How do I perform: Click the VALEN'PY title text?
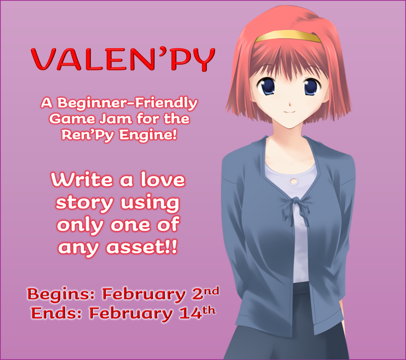coord(123,60)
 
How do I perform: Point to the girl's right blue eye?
coord(312,87)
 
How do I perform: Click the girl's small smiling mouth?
coord(290,112)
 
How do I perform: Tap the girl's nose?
coord(290,104)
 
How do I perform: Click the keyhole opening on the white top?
coord(294,181)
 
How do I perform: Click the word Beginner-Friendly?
coord(127,103)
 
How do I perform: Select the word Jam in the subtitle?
coord(116,119)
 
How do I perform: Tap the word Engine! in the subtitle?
coord(148,135)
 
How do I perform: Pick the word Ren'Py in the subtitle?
coord(88,135)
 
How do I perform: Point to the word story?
coord(84,203)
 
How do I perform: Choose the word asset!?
coord(142,248)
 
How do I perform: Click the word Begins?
coord(61,294)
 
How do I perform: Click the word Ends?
coord(56,313)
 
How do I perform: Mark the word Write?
coord(82,180)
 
